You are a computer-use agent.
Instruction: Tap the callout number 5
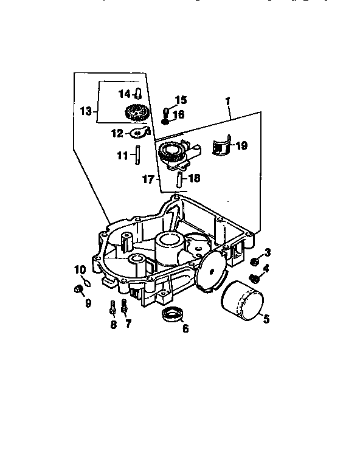click(266, 318)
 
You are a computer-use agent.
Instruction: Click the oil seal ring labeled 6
click(173, 315)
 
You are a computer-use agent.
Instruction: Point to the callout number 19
click(241, 146)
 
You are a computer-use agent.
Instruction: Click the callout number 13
click(86, 111)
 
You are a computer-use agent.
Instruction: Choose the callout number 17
click(148, 180)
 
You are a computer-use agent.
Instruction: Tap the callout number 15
click(181, 100)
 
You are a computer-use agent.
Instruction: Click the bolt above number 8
click(113, 308)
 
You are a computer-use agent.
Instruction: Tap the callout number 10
click(80, 269)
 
